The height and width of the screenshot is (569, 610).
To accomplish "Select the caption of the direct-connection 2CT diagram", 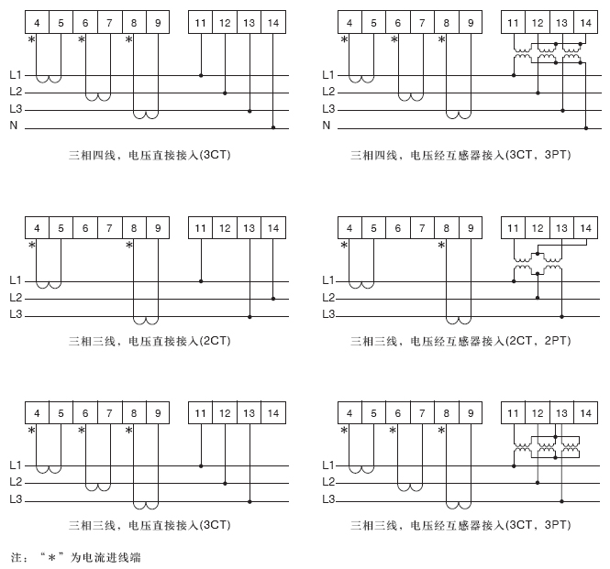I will click(150, 342).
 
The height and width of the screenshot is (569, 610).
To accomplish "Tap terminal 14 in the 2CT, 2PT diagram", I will click(585, 227).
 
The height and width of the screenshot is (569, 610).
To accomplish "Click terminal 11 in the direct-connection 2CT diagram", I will click(201, 227).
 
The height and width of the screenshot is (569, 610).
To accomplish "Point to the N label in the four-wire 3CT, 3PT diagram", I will click(327, 126).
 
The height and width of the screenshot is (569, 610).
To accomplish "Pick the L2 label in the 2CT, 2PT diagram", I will click(327, 298).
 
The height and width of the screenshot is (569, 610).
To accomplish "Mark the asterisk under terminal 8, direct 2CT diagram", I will click(129, 246).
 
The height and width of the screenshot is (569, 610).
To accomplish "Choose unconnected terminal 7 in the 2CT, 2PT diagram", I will click(421, 227).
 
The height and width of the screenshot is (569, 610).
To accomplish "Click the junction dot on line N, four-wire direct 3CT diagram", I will click(273, 127).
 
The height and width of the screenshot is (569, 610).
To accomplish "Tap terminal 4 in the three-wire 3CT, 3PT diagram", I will click(349, 414).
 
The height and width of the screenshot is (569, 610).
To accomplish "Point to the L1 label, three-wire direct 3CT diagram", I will click(16, 465).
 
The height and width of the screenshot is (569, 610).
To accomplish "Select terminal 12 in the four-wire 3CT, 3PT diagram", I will click(538, 21).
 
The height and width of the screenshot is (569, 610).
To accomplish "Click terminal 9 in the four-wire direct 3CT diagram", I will click(157, 21).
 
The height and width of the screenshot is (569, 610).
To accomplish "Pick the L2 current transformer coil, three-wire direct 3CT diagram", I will click(97, 487).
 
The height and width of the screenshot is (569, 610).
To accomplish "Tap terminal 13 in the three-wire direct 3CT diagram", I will click(250, 414).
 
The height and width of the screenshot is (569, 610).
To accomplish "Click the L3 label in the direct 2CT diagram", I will click(16, 315).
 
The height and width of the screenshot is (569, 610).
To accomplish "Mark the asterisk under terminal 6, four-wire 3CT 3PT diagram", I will click(394, 40).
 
